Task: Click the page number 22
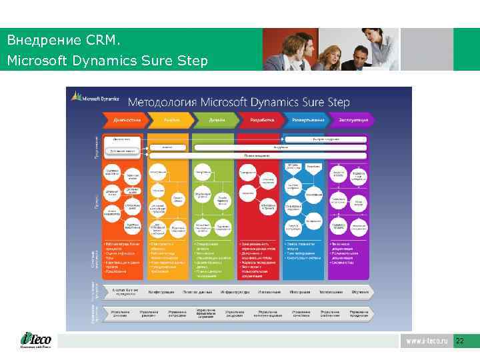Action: [x=459, y=341]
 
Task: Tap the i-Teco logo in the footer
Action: [x=34, y=341]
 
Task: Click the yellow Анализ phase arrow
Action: [x=171, y=120]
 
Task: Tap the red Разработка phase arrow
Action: [x=261, y=120]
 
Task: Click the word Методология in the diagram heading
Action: [x=162, y=102]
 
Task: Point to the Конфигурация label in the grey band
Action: [x=161, y=291]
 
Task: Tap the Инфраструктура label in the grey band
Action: [x=235, y=291]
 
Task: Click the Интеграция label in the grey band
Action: [x=300, y=291]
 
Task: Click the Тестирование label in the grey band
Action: [x=329, y=291]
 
